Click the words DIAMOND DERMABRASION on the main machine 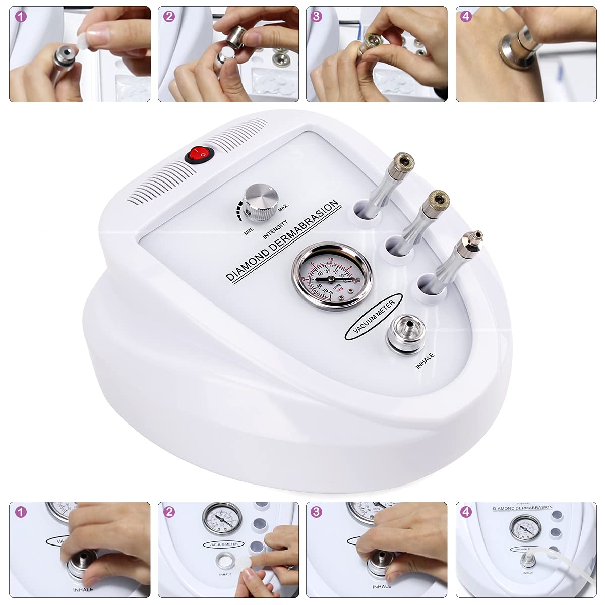pyautogui.click(x=282, y=240)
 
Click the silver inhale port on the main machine pyautogui.click(x=406, y=332)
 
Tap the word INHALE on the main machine pyautogui.click(x=425, y=361)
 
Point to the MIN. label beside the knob pyautogui.click(x=249, y=231)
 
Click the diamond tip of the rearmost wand pyautogui.click(x=403, y=161)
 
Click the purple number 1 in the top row pyautogui.click(x=21, y=17)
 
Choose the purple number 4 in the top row pyautogui.click(x=466, y=17)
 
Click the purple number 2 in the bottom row pyautogui.click(x=169, y=512)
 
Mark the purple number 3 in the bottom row pyautogui.click(x=316, y=512)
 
